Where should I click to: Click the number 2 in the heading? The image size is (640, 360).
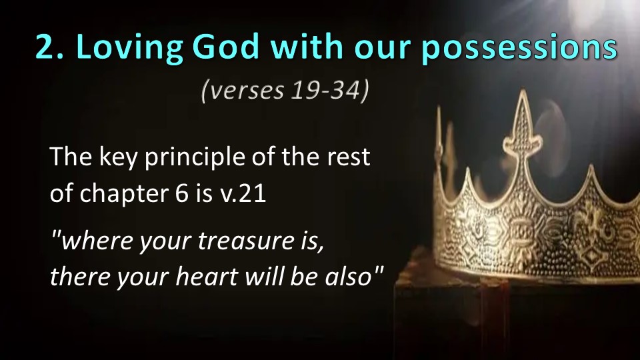point(46,47)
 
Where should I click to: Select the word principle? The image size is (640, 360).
point(195,158)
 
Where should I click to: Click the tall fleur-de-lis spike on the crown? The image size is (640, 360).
point(522,135)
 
